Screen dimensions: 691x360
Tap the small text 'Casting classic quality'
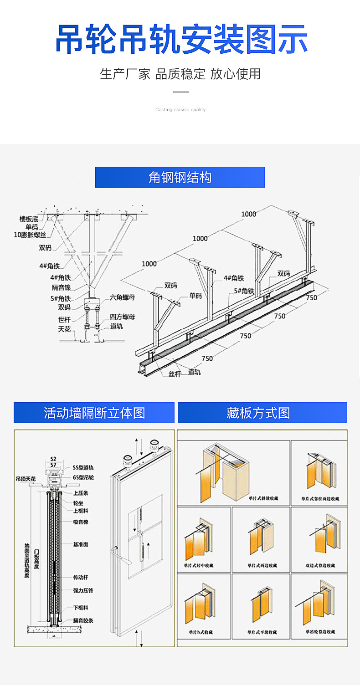(180, 110)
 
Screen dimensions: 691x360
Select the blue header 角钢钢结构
(180, 177)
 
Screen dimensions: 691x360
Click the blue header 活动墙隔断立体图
(94, 413)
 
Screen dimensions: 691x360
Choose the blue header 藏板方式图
(262, 413)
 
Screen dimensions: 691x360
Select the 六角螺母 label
(122, 297)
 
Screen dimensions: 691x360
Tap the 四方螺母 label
(122, 317)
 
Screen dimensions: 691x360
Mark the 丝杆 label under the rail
(175, 374)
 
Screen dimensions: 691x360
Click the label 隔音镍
(61, 287)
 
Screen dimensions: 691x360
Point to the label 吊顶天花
(27, 479)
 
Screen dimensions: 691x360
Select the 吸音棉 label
(81, 522)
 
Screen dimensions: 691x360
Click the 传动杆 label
(81, 578)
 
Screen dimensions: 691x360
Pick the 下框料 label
(81, 608)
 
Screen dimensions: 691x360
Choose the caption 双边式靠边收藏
(320, 566)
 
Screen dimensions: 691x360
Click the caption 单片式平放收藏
(262, 632)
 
